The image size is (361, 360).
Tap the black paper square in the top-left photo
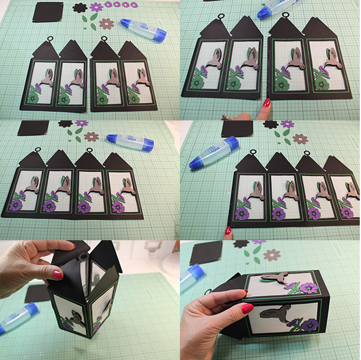click(48, 11)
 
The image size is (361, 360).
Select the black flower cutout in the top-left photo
click(79, 8)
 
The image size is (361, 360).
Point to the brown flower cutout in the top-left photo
click(106, 23)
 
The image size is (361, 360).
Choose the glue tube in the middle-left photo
click(129, 142)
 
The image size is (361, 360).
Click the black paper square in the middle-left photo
click(33, 128)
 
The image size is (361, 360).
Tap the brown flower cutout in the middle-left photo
click(91, 137)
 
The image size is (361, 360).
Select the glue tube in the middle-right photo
click(212, 154)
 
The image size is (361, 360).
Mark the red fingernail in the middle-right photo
click(228, 230)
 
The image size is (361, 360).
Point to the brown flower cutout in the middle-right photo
click(300, 139)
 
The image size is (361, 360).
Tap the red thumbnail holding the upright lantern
click(57, 275)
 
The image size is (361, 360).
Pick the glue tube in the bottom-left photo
click(17, 319)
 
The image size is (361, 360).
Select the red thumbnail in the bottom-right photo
click(247, 308)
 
